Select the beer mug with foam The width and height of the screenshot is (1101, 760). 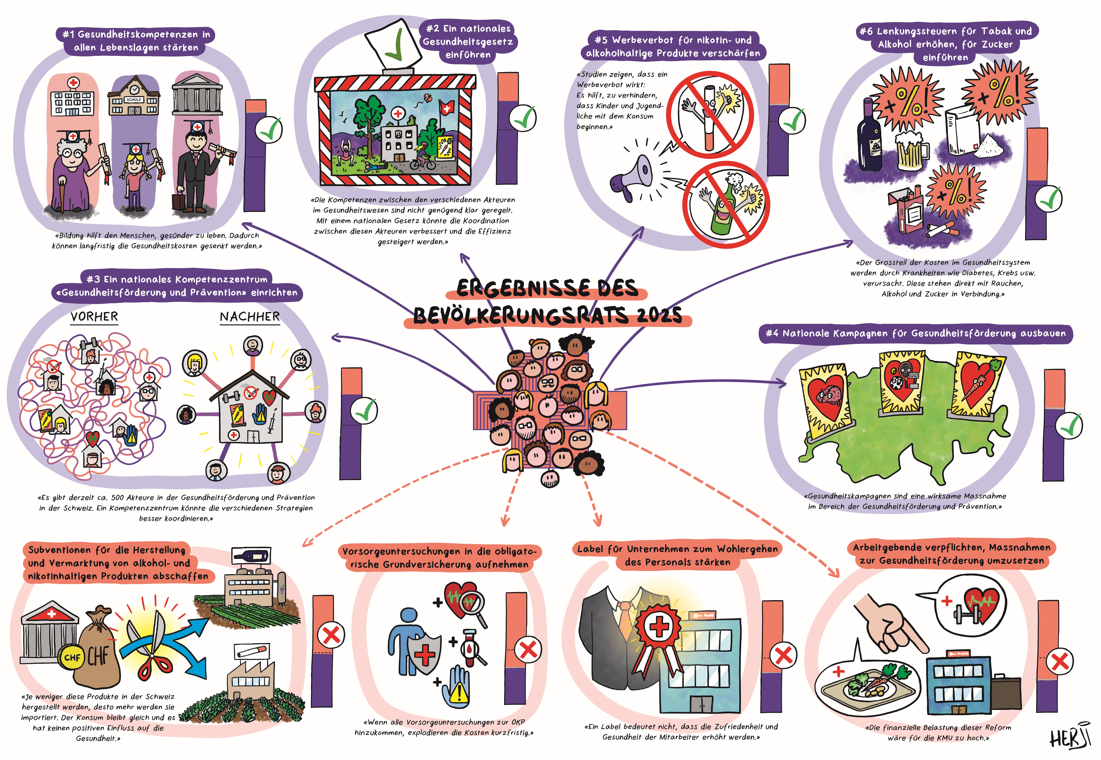pyautogui.click(x=911, y=149)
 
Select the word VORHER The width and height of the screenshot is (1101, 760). pyautogui.click(x=94, y=317)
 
